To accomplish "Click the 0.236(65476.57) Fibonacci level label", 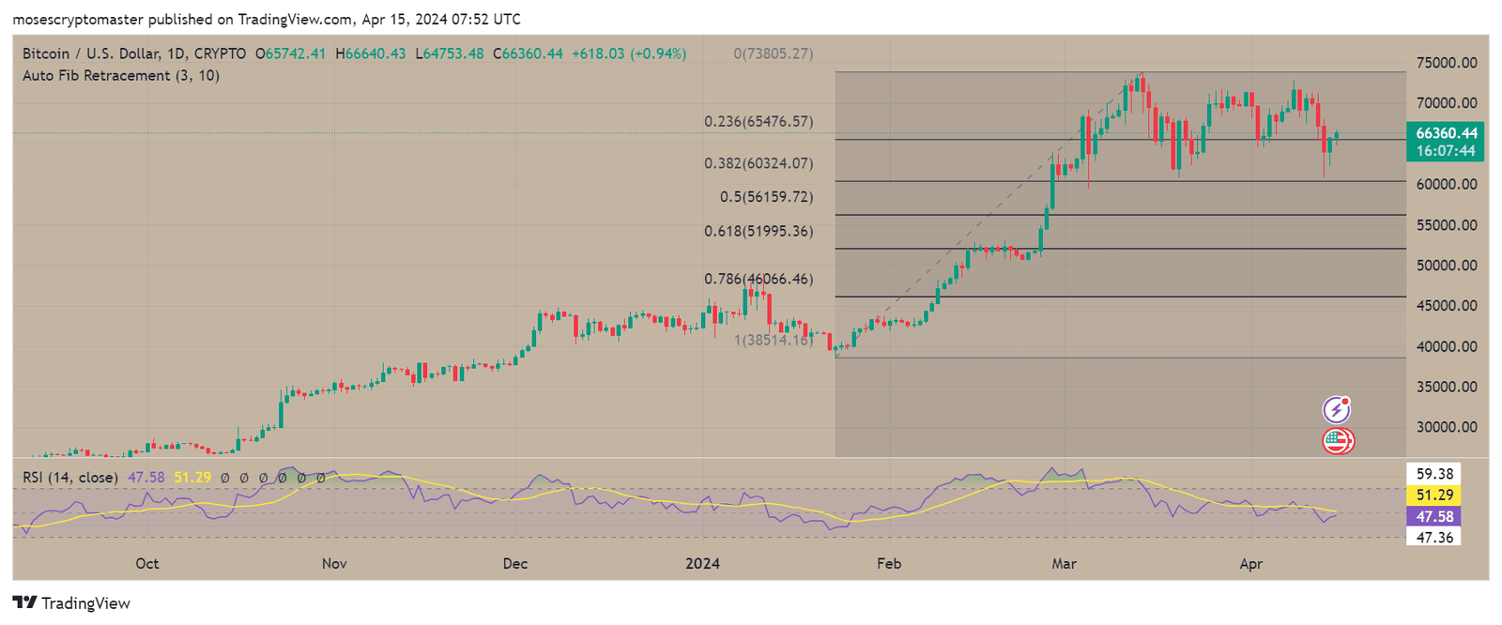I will (x=759, y=122).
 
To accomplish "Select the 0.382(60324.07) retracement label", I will (x=759, y=163).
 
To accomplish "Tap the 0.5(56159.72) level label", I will (x=766, y=197).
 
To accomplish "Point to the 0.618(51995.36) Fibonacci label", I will (x=759, y=231).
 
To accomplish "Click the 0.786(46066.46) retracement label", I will (x=759, y=279).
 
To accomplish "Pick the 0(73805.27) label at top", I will (x=773, y=54).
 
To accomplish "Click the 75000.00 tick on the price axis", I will (x=1447, y=63).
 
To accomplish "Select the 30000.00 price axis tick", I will (x=1447, y=427).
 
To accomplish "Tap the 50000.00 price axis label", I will (x=1447, y=266).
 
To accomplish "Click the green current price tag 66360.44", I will (x=1446, y=133).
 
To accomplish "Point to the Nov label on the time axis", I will (x=334, y=564).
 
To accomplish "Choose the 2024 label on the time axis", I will (x=702, y=564).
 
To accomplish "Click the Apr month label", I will (x=1250, y=564).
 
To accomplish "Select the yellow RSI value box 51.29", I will (x=1433, y=495).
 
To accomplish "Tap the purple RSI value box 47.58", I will (x=1433, y=517).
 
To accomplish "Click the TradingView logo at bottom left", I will (x=71, y=603).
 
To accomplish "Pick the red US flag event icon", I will (x=1337, y=440).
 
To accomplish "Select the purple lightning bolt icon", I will (x=1336, y=410).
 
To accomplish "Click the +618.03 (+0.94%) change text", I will (x=628, y=54).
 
